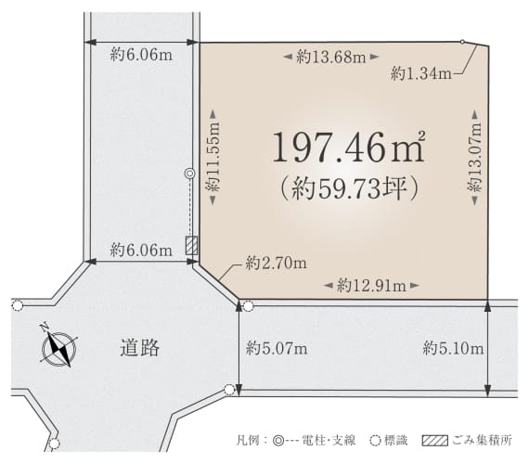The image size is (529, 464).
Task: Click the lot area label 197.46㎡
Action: [349, 147]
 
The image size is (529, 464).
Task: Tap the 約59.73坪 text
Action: [350, 188]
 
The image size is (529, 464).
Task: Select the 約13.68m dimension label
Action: [331, 57]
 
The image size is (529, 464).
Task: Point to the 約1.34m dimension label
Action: [421, 73]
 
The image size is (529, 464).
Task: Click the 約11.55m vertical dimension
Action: [213, 157]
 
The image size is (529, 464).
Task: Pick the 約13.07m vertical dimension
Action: [474, 158]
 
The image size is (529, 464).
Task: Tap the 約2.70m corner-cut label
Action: [277, 264]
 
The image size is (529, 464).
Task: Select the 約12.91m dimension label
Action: [371, 286]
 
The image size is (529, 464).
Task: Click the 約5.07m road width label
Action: [277, 348]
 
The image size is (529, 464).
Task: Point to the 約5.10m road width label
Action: [453, 348]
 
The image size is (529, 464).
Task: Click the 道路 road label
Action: [139, 348]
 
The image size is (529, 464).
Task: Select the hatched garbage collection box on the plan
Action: [191, 245]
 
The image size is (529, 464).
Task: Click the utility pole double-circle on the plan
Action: [190, 174]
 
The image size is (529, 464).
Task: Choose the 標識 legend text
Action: [395, 441]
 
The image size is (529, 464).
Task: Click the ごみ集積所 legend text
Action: [483, 440]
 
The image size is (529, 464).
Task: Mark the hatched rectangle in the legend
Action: [435, 441]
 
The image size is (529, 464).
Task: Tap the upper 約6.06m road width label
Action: [141, 54]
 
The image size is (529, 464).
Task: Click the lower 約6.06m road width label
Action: [141, 250]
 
